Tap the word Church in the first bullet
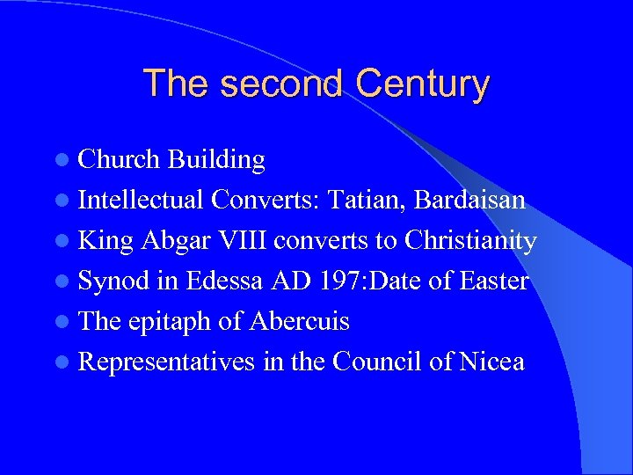tap(119, 159)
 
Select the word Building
tap(216, 159)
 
